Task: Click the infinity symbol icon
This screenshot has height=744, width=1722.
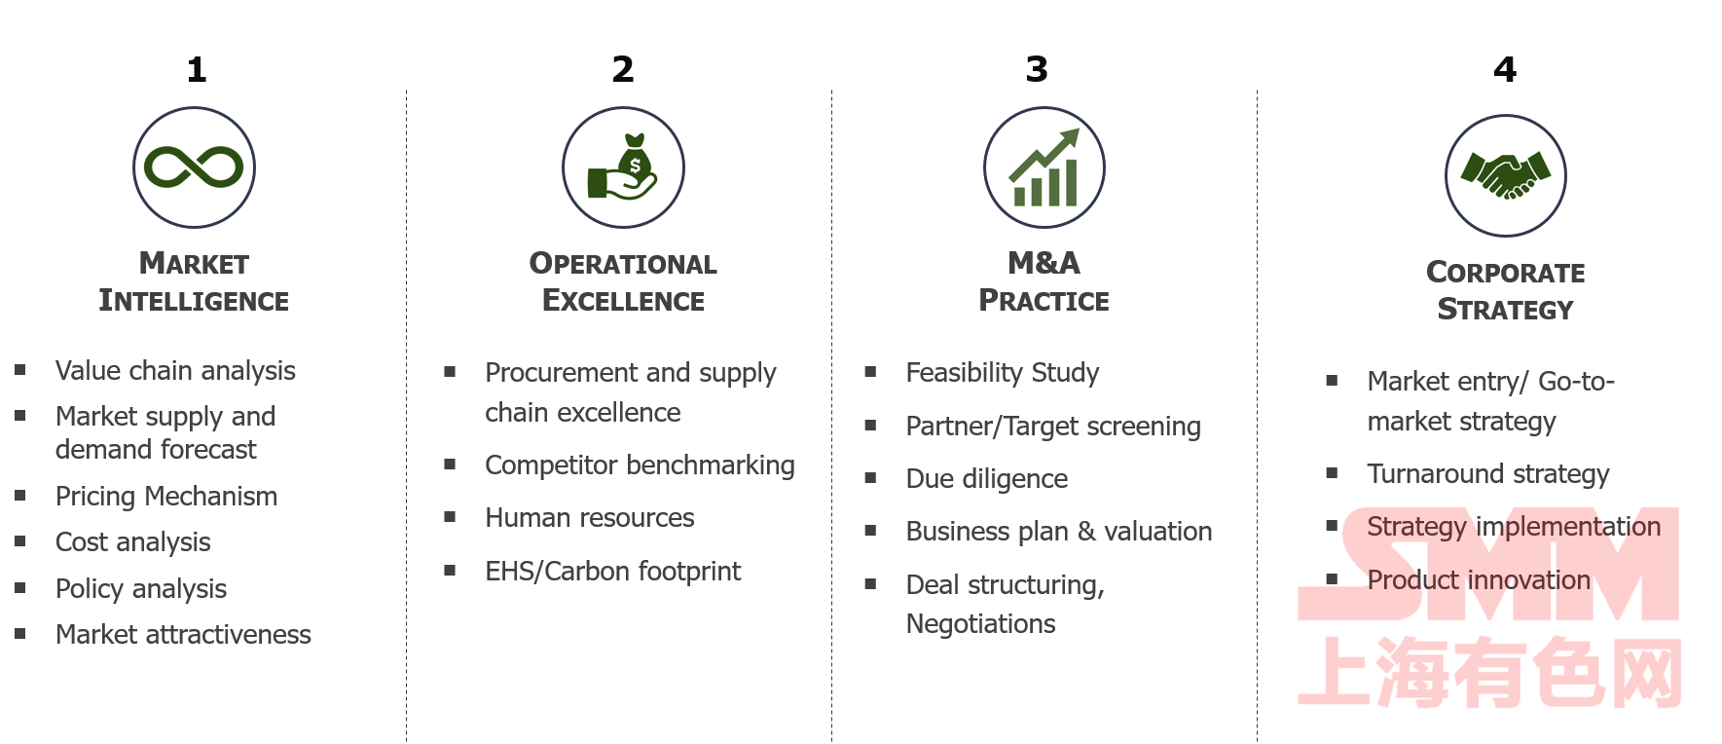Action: pyautogui.click(x=194, y=167)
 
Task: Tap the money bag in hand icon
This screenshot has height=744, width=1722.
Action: pyautogui.click(x=623, y=167)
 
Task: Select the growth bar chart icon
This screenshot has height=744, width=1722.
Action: pyautogui.click(x=1044, y=167)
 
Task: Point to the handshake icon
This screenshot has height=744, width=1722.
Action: pyautogui.click(x=1506, y=175)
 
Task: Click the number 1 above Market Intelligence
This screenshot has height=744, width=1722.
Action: pyautogui.click(x=197, y=69)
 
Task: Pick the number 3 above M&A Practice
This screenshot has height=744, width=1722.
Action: pyautogui.click(x=1037, y=69)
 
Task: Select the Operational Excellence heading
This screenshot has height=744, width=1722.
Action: pyautogui.click(x=623, y=281)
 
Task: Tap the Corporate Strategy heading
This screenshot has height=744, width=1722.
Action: pyautogui.click(x=1506, y=290)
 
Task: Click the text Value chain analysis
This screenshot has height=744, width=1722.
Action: pyautogui.click(x=175, y=371)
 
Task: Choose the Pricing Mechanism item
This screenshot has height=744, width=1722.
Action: pyautogui.click(x=166, y=497)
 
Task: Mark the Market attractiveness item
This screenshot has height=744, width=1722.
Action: pyautogui.click(x=183, y=635)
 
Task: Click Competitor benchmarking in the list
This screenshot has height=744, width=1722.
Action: pyautogui.click(x=640, y=465)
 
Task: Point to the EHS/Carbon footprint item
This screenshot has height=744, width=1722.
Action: pyautogui.click(x=613, y=572)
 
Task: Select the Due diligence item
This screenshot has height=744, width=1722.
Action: pyautogui.click(x=987, y=479)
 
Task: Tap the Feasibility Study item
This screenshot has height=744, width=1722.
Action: pyautogui.click(x=1003, y=373)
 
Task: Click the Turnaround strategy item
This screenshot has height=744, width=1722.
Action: pyautogui.click(x=1488, y=474)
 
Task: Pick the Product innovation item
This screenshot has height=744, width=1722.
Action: pyautogui.click(x=1479, y=580)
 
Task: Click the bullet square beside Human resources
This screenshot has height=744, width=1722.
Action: pyautogui.click(x=450, y=516)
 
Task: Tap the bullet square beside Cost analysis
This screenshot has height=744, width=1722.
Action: pyautogui.click(x=19, y=540)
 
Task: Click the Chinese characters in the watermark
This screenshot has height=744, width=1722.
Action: pyautogui.click(x=1490, y=672)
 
